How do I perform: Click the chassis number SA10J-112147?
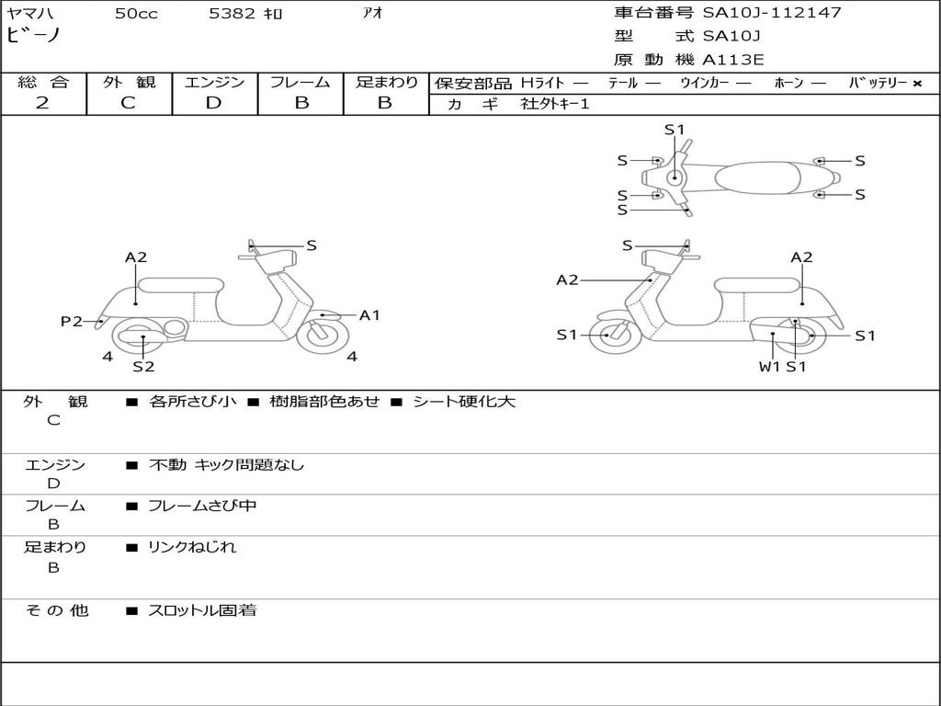(x=772, y=13)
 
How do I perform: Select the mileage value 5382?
(x=233, y=14)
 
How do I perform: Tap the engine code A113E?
(x=732, y=60)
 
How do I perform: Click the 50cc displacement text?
(x=134, y=14)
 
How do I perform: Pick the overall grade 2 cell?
(x=43, y=103)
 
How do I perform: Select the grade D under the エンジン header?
(x=214, y=103)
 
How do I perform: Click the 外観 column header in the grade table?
(x=129, y=82)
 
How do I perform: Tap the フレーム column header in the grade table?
(x=300, y=82)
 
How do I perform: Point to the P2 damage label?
(x=71, y=321)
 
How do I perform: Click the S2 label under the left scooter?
(x=143, y=367)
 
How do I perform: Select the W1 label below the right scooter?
(x=769, y=367)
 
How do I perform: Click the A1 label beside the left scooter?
(x=369, y=315)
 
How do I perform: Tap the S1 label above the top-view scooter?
(x=675, y=130)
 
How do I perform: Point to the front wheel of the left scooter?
(x=321, y=334)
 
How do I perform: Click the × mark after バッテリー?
(x=916, y=83)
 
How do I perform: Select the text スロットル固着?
(x=202, y=610)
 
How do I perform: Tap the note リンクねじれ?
(x=192, y=547)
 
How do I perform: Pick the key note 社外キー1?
(x=555, y=104)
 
